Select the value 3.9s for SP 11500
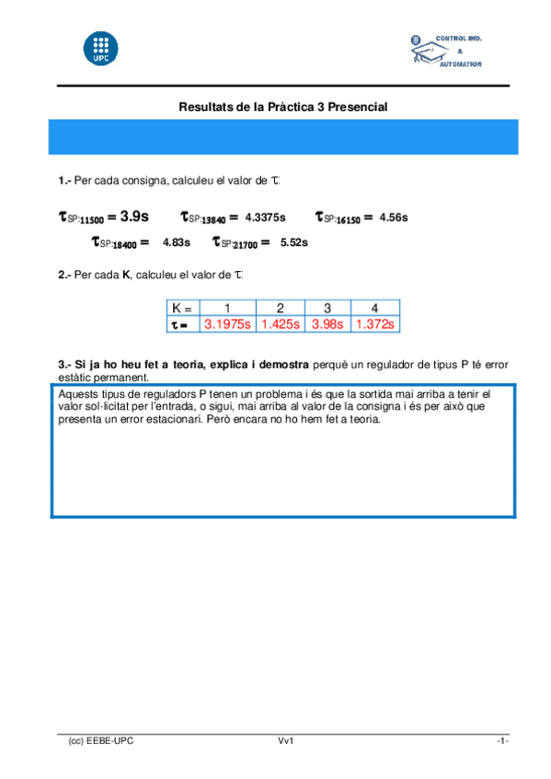coord(134,217)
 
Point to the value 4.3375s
coord(265,218)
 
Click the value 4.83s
coord(176,243)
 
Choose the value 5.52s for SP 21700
coord(293,243)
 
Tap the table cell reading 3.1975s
coord(227,324)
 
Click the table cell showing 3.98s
coord(327,324)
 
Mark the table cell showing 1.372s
coord(374,324)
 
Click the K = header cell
coord(183,309)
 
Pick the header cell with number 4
coord(374,309)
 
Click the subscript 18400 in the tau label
coord(123,244)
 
